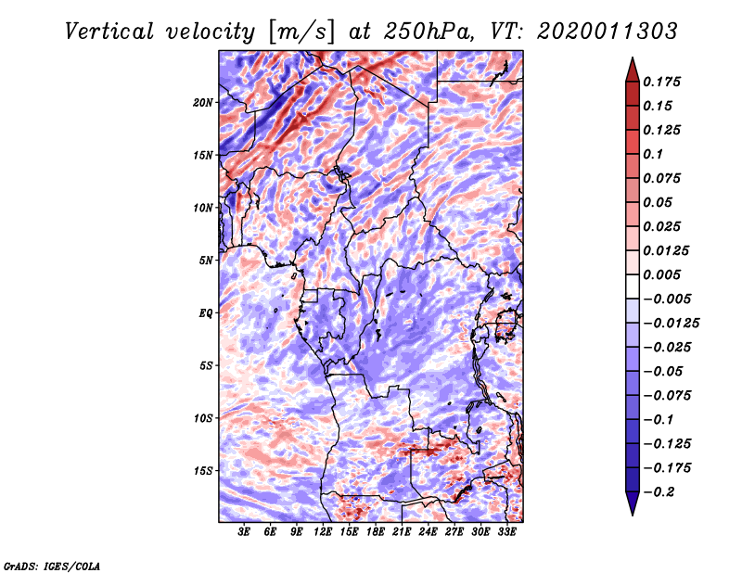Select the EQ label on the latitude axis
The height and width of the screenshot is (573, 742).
(x=206, y=313)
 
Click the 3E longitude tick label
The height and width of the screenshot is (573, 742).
(x=245, y=532)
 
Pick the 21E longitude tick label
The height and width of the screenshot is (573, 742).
(x=403, y=532)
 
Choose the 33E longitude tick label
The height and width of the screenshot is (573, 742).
(x=507, y=532)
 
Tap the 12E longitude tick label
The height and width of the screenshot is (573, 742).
(x=324, y=532)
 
